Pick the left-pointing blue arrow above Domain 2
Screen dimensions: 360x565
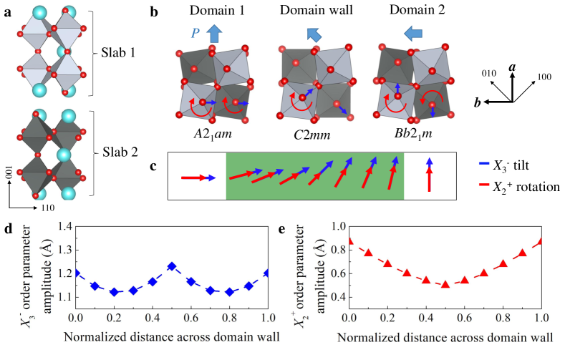(410, 33)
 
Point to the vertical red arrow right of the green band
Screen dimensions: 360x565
(428, 178)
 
